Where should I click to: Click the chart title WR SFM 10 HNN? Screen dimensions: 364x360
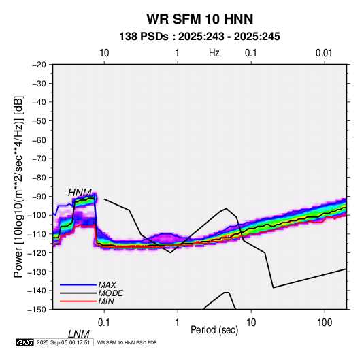coord(199,19)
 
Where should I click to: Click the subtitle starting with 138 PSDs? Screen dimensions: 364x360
coord(199,37)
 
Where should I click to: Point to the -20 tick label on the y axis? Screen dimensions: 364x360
coord(39,65)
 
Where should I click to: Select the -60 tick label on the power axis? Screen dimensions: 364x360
coord(39,140)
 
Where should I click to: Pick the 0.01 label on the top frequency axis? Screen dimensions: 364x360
coord(324,53)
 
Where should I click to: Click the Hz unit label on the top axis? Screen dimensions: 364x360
coord(214,53)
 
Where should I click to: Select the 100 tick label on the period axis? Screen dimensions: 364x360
coord(325,323)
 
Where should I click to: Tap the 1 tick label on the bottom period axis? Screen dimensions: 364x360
coord(178,323)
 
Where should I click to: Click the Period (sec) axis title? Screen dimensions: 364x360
coord(214,330)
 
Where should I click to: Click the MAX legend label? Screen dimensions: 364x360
coord(107,284)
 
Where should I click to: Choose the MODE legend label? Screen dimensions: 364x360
coord(110,293)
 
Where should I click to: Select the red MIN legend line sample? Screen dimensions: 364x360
coord(78,301)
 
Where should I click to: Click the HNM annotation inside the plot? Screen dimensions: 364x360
coord(80,193)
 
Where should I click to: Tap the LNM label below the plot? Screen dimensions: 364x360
coord(79,334)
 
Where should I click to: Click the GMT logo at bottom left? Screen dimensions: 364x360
coord(24,342)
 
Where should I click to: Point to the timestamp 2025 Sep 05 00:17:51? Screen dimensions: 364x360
coord(63,342)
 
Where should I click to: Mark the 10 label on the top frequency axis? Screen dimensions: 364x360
coord(104,53)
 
